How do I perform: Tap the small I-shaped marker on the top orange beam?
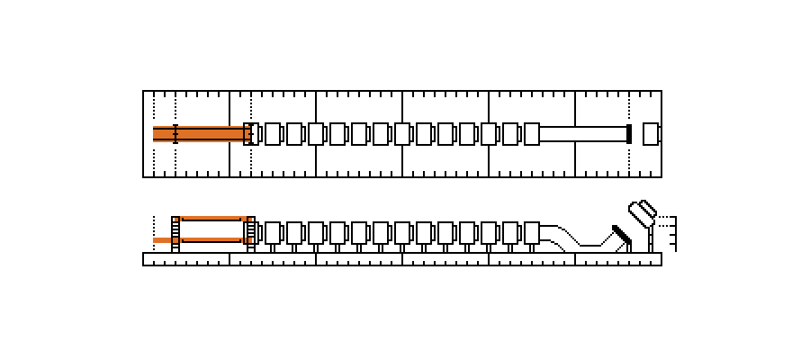(175, 134)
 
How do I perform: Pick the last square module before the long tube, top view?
(531, 134)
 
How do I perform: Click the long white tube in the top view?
(582, 134)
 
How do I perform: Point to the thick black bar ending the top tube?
(629, 134)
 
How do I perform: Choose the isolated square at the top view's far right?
(652, 134)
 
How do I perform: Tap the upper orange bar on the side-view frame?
(214, 219)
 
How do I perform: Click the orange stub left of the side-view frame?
(162, 240)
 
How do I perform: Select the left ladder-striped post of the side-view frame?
(176, 230)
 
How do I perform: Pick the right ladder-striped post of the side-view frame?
(250, 230)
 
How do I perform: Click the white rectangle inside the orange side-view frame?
(213, 229)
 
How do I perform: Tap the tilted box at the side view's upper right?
(643, 212)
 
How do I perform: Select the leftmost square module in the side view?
(273, 232)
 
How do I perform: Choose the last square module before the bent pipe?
(531, 232)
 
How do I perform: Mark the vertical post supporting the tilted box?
(650, 238)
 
